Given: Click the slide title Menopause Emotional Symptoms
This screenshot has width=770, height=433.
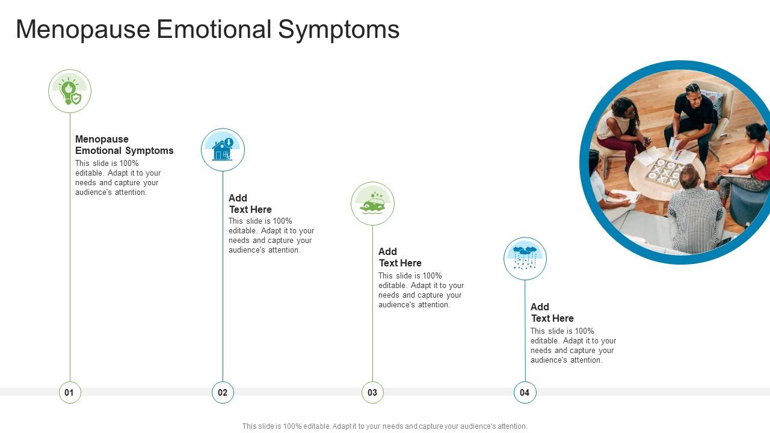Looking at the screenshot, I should pos(208,29).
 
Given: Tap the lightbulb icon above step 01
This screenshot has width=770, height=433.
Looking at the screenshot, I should pos(70,91).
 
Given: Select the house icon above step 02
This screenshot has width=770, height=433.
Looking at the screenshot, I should pos(223,150).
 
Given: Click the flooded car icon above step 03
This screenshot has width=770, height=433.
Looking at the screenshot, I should pos(372,204).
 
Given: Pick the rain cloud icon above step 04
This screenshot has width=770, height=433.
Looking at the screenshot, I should pos(525,259).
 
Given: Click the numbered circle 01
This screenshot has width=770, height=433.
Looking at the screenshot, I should pos(70,392).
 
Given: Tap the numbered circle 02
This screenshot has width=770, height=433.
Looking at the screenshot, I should pos(223,392).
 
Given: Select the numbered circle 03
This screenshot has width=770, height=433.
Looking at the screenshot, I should pos(372,392).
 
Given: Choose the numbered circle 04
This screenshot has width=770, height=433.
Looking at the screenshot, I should pos(525,392).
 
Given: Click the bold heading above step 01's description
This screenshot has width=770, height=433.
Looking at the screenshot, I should pos(124,145).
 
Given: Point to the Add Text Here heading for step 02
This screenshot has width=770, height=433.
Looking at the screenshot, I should pos(250,204).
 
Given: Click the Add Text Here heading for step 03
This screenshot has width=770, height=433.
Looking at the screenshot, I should pos(399,257).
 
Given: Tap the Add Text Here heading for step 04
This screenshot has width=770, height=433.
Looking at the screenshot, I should pos(552,313).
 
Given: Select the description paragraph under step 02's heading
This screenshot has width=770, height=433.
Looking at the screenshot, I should pos(271,236).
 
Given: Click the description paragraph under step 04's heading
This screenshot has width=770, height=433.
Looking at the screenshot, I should pos(573,346).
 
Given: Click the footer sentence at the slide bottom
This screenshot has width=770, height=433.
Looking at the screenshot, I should pos(384,426).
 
